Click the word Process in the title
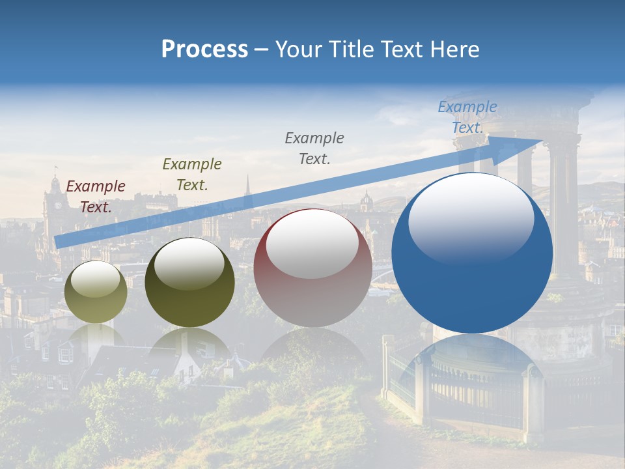204,50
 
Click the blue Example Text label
467,117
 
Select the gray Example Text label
314,148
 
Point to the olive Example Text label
192,174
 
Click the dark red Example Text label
96,196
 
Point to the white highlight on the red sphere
312,244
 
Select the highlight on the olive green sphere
189,264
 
